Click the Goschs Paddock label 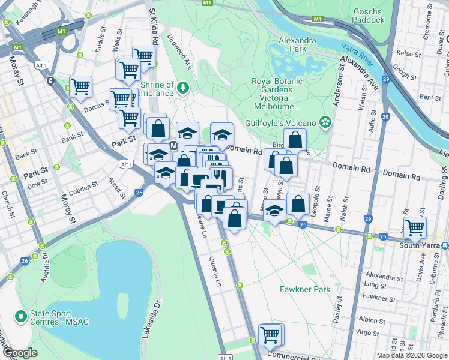[x=369, y=15]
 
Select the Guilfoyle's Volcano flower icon [x=325, y=122]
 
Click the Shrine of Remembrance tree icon [x=182, y=88]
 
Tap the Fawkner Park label [x=305, y=289]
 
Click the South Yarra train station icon [x=445, y=245]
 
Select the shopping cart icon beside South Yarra [x=415, y=228]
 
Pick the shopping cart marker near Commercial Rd [x=270, y=334]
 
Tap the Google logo [x=20, y=353]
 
